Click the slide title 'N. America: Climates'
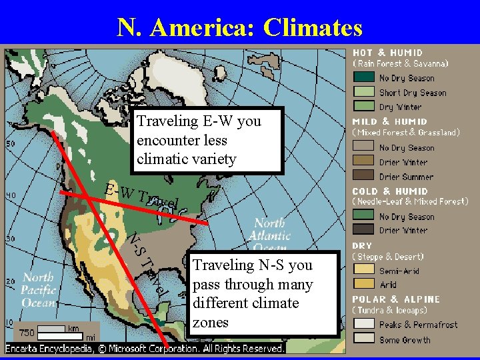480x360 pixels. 240,27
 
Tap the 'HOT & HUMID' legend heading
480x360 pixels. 387,53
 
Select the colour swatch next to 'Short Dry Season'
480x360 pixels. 364,92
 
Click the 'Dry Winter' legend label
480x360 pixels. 400,107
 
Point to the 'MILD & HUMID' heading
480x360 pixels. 389,121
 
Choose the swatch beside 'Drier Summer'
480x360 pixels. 364,176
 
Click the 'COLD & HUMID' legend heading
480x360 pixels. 390,191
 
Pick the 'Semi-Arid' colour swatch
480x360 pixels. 364,271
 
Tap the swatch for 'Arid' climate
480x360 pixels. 364,285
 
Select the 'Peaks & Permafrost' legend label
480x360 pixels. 419,325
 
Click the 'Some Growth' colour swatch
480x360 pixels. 364,339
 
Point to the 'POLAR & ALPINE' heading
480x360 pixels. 396,299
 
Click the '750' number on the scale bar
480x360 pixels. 27,331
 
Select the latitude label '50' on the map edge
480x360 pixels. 11,143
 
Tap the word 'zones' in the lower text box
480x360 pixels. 210,322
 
